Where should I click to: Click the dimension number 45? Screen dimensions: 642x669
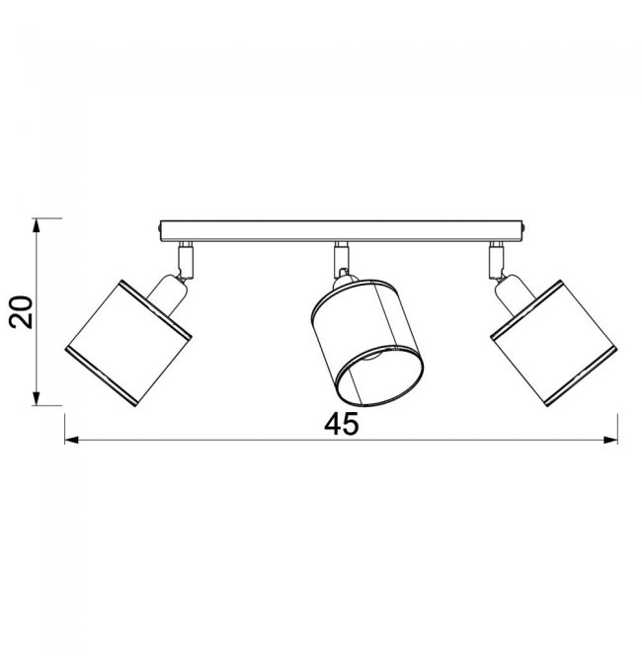tap(342, 425)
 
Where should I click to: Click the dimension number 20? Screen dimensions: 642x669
tap(21, 312)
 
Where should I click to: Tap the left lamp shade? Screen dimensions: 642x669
tap(128, 344)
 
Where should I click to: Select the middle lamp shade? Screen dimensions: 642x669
tap(367, 343)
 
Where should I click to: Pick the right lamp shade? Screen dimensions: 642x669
tap(553, 344)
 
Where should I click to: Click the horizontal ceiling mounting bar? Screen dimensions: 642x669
tap(342, 231)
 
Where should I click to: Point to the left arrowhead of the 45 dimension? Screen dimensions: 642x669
tap(71, 440)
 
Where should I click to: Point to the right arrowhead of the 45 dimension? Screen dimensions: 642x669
tap(610, 440)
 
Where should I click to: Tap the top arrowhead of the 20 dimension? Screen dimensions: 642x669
tap(37, 225)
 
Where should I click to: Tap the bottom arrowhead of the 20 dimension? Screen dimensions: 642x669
tap(37, 398)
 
